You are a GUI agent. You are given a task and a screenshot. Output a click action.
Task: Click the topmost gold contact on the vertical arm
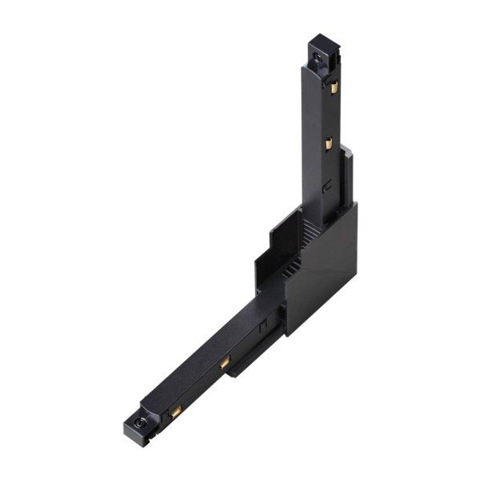point(333,86)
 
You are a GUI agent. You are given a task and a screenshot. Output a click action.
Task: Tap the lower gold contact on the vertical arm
point(328,144)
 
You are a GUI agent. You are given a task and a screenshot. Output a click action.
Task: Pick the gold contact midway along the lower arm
point(225,363)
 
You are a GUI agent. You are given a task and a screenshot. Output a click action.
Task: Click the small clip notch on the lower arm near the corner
point(262,329)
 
